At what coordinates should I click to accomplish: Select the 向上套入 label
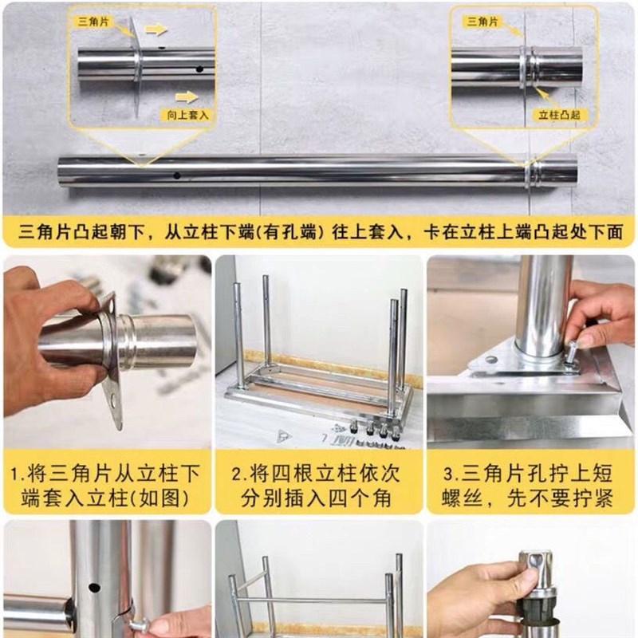[x=187, y=115]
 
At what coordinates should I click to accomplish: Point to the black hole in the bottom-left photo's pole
[x=94, y=588]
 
